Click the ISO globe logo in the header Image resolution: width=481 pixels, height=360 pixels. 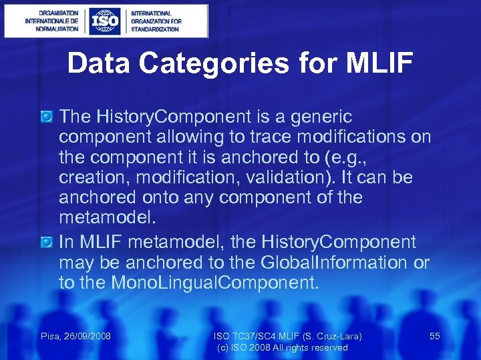click(x=106, y=21)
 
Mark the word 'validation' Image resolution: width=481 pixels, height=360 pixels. click(x=301, y=178)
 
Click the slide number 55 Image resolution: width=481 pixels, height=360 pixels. click(x=434, y=336)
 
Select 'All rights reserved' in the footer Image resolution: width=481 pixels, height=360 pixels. click(x=313, y=347)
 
